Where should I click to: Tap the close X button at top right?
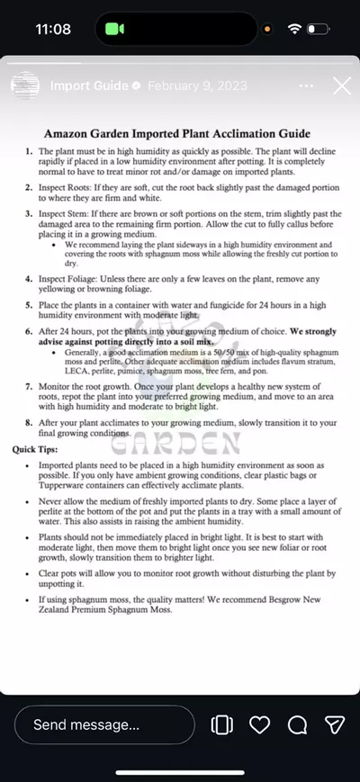point(342,86)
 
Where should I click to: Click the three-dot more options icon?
point(307,86)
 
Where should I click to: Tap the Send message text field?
point(103,724)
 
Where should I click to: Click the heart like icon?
point(260,724)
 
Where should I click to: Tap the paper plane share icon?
point(335,724)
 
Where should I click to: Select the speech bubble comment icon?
point(298,724)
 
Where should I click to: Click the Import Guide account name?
point(89,86)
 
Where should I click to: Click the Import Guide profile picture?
point(24,86)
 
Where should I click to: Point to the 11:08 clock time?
point(53,29)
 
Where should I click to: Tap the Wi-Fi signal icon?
point(294,29)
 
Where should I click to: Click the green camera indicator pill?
point(114,29)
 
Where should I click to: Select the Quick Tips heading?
point(38,449)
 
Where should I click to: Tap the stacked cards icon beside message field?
point(220,724)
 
